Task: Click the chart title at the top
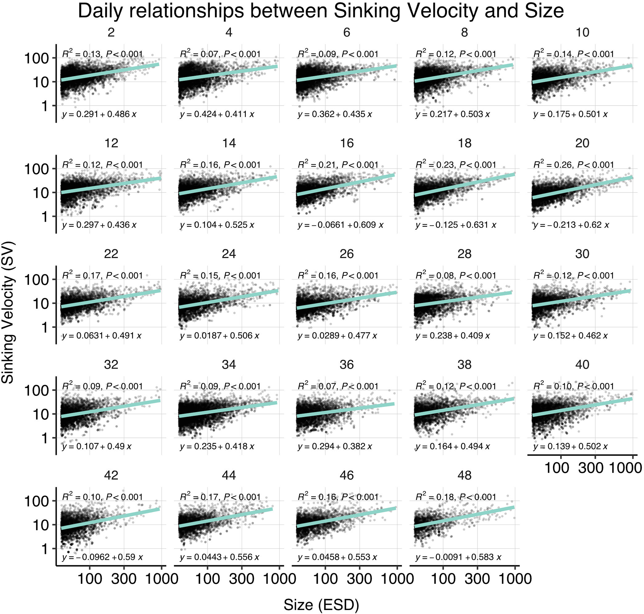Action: point(321,11)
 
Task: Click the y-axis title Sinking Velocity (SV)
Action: point(8,312)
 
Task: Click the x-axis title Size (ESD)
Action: point(321,605)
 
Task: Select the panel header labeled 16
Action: point(346,143)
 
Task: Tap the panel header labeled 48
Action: point(464,475)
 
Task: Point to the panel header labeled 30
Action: point(582,254)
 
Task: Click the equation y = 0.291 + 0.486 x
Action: point(99,114)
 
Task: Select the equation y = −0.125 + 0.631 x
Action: point(456,225)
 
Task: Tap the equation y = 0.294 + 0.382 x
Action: point(335,446)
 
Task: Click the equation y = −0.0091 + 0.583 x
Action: point(458,557)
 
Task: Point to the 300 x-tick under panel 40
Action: point(590,468)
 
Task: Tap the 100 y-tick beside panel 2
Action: point(36,58)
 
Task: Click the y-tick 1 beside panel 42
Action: point(44,549)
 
